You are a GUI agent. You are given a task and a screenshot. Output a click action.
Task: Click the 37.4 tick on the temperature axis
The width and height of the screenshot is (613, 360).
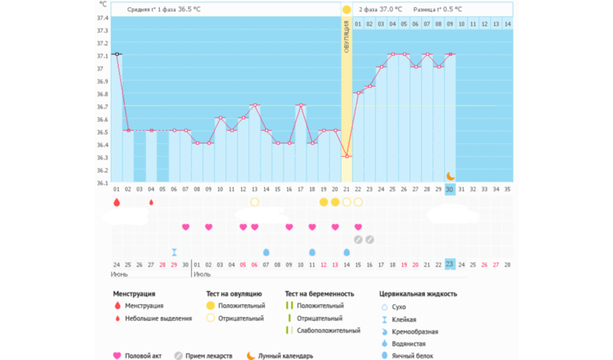tap(103, 18)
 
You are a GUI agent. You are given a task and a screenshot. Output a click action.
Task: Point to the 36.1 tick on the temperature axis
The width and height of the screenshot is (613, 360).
tap(103, 183)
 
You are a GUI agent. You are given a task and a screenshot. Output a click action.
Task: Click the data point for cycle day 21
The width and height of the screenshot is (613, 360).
tap(346, 156)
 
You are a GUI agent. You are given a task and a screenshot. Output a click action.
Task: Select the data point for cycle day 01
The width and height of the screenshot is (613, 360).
tap(117, 54)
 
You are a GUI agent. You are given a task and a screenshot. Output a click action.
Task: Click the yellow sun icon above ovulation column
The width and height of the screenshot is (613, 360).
tap(346, 10)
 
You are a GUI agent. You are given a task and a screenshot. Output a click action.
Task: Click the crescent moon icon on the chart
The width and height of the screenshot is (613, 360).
tap(450, 175)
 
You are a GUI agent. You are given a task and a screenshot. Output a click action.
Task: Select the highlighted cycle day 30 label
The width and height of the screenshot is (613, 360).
tap(450, 189)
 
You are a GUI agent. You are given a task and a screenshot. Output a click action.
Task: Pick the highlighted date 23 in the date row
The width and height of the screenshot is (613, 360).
tap(450, 264)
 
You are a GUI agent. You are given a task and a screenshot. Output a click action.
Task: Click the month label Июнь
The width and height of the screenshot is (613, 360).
tap(118, 274)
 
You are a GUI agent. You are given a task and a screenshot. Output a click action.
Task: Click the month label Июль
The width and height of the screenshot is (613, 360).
tap(203, 274)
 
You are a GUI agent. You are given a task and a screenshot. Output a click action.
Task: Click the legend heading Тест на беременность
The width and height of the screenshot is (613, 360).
tap(319, 294)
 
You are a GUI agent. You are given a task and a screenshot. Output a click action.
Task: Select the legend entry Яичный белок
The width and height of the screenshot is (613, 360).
tap(415, 356)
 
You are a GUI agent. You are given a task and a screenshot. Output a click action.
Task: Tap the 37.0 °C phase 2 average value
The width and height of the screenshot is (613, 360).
tap(391, 10)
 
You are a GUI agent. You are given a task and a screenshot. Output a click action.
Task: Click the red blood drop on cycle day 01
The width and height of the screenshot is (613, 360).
tap(117, 202)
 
